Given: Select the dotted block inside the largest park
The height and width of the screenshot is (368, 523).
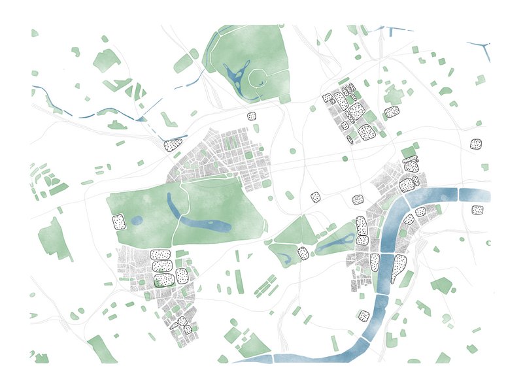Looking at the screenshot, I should coord(118,222).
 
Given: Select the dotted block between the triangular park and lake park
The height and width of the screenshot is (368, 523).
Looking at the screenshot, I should coord(303,253).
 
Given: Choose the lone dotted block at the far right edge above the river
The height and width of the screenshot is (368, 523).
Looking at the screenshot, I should coord(476,144).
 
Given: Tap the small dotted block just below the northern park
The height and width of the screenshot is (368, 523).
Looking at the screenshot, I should coord(252,116).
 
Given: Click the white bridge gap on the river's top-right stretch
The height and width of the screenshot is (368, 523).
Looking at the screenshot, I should coord(457,194).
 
